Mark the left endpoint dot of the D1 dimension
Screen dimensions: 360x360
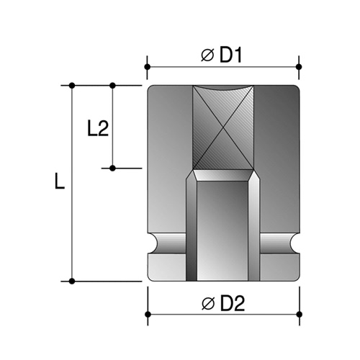(147, 67)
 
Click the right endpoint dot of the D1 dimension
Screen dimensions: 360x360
(299, 67)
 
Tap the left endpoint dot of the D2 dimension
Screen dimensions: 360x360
(147, 315)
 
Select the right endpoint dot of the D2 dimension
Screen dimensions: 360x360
(299, 315)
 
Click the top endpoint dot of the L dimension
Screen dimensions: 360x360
(72, 86)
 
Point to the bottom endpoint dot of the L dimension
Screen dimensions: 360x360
(72, 281)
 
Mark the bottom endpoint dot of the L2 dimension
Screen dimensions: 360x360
(112, 168)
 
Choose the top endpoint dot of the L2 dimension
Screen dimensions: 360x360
(112, 86)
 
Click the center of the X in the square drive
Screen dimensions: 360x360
(223, 128)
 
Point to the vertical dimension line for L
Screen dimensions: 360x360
(72, 216)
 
